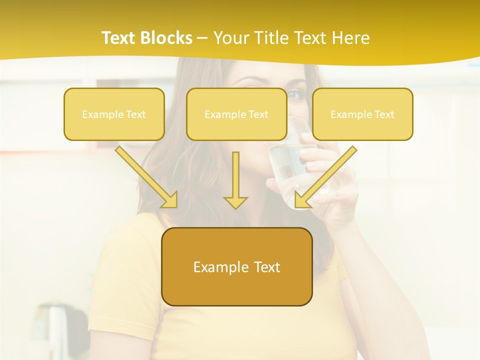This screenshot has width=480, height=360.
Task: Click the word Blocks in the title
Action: coord(167,38)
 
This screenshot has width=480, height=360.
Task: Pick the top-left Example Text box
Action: coord(114,114)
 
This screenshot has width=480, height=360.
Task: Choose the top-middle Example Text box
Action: coord(236,114)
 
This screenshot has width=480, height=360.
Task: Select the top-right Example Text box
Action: coord(362,114)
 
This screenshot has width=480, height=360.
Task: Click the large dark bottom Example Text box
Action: coord(237,266)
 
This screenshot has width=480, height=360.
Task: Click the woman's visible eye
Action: coord(295,93)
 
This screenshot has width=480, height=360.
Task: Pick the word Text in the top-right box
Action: coord(384,114)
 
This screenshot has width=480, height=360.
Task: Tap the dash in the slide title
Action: coord(202,38)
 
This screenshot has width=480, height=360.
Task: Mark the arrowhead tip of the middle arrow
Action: coord(235,208)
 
